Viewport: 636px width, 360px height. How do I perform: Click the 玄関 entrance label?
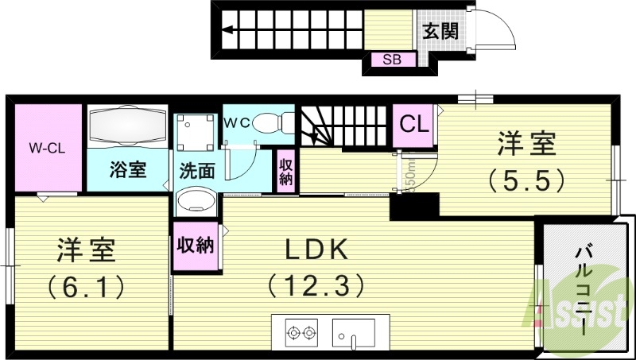(440, 31)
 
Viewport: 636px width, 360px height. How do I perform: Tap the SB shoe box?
(392, 60)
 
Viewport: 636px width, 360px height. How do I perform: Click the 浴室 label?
(127, 169)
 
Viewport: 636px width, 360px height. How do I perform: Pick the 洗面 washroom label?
(196, 169)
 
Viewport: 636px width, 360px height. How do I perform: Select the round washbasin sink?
(196, 202)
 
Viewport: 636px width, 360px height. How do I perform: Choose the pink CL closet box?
(413, 126)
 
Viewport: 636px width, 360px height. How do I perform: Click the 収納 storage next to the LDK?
(196, 246)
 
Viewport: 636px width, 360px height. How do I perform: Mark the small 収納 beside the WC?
(285, 170)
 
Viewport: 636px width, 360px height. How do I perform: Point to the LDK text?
(317, 250)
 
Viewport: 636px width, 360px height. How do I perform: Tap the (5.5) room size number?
(526, 180)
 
